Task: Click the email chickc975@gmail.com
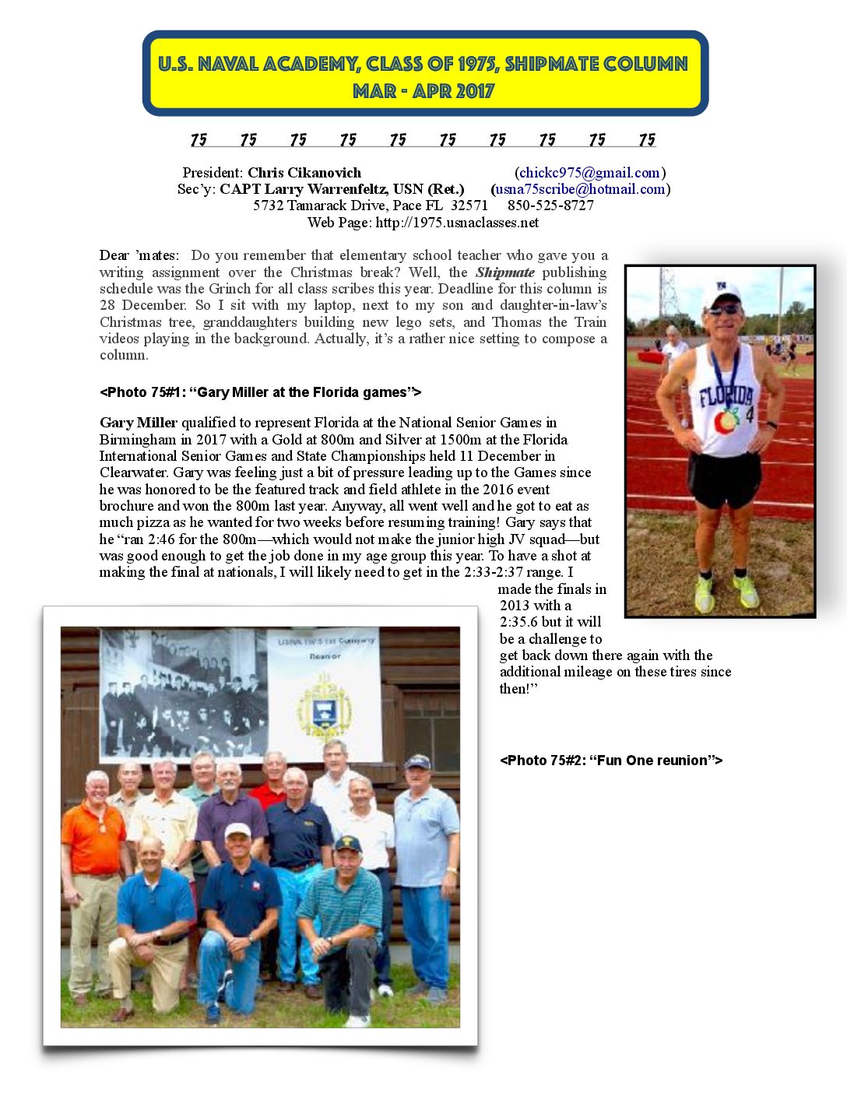pyautogui.click(x=589, y=173)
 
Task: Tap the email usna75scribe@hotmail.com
pyautogui.click(x=580, y=189)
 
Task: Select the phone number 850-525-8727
pyautogui.click(x=550, y=205)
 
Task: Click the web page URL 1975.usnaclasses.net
pyautogui.click(x=457, y=223)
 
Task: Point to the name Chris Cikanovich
pyautogui.click(x=304, y=173)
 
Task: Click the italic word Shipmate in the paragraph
pyautogui.click(x=504, y=272)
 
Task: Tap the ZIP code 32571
pyautogui.click(x=469, y=205)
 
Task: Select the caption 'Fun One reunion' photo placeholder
pyautogui.click(x=611, y=761)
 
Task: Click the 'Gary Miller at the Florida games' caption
pyautogui.click(x=260, y=392)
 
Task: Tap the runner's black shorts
pyautogui.click(x=724, y=476)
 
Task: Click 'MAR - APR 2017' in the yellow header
pyautogui.click(x=423, y=91)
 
